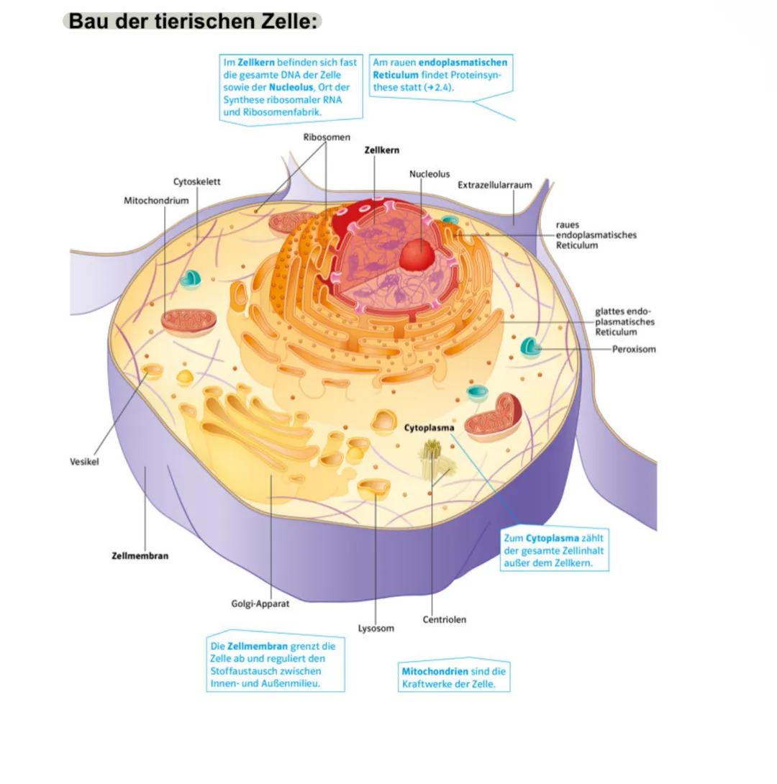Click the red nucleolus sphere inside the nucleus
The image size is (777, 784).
(415, 255)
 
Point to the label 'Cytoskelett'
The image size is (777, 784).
(196, 182)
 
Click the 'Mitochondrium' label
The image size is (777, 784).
(156, 200)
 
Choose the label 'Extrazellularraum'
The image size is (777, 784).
(494, 185)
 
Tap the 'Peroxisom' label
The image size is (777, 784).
(633, 350)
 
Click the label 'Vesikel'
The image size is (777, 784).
(84, 462)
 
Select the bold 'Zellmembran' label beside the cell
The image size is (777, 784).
(140, 556)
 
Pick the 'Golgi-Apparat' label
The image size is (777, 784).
(260, 603)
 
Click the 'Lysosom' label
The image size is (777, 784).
(376, 628)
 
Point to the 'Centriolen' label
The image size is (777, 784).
(444, 619)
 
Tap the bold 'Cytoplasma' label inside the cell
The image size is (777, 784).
(429, 427)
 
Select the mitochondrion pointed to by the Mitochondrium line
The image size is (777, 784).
(183, 322)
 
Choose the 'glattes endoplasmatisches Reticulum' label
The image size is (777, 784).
(624, 322)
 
